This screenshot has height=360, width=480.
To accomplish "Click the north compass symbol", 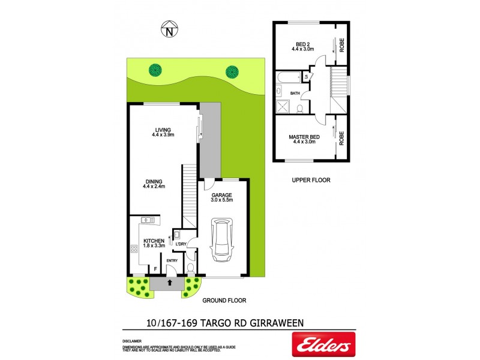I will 170,28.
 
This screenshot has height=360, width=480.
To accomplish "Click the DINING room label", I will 154,184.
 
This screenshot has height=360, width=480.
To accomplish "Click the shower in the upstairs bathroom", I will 282,106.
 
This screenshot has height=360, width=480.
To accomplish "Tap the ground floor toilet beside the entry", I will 191,268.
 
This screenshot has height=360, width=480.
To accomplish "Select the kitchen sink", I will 147,220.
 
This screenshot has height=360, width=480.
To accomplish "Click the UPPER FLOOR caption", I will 311,180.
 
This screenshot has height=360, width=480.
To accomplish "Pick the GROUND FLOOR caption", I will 224,301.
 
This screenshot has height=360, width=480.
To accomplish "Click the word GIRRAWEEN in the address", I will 276,323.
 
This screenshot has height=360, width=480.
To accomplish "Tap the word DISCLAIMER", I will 131,341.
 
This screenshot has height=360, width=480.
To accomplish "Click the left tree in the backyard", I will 156,70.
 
